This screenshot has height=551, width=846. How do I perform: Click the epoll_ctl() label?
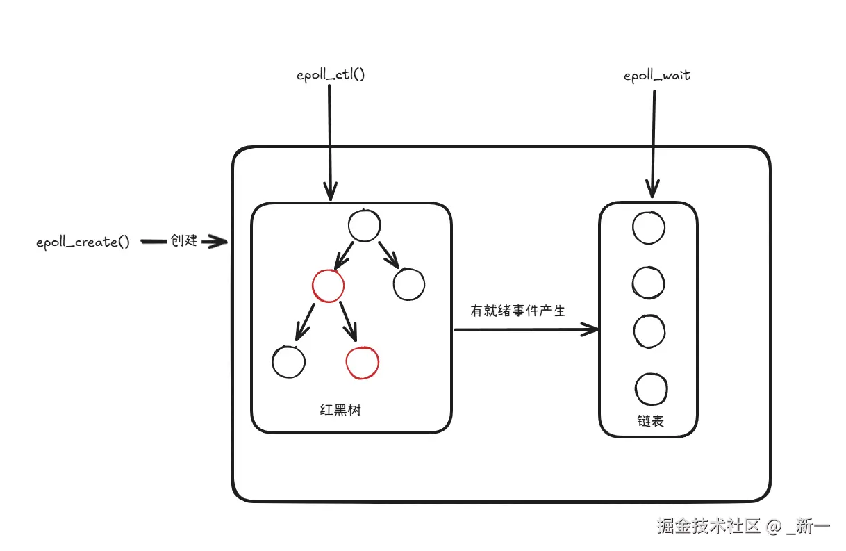click(331, 74)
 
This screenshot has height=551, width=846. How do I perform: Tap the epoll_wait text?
click(656, 75)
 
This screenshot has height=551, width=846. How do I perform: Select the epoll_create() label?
click(83, 242)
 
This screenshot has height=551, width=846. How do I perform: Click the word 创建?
click(184, 241)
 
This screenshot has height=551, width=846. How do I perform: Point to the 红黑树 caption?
click(340, 410)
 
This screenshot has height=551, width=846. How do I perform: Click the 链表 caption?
click(649, 420)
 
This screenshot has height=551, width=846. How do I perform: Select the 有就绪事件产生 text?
click(518, 311)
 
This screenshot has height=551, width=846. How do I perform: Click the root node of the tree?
click(365, 226)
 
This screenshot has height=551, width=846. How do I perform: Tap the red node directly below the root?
click(328, 285)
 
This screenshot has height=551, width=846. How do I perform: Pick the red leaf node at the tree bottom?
click(363, 363)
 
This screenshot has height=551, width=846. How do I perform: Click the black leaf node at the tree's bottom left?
click(289, 361)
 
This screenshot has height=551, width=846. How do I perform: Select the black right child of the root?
click(408, 284)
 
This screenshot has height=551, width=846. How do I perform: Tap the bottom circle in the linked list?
click(652, 389)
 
